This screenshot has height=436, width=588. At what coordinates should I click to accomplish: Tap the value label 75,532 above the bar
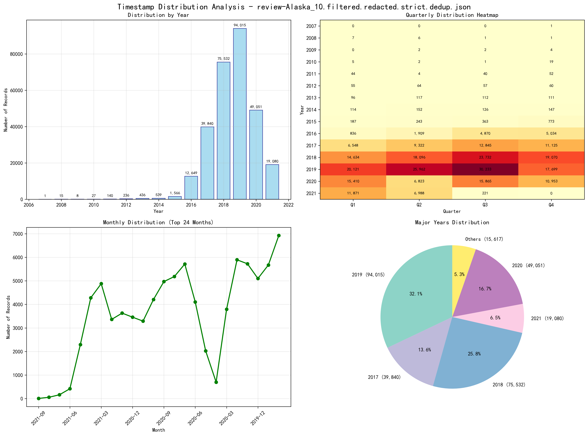pos(223,59)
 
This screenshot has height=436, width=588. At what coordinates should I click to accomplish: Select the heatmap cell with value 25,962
pos(419,169)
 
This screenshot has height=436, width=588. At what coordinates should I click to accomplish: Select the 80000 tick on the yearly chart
pos(16,54)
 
